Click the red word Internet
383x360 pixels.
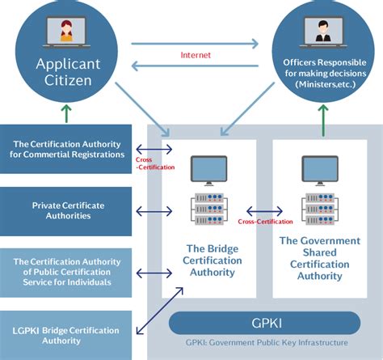pyautogui.click(x=196, y=55)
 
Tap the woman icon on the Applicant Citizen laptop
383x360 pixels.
pyautogui.click(x=66, y=31)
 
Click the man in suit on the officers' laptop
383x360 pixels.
pyautogui.click(x=323, y=32)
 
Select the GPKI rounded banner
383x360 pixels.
pyautogui.click(x=264, y=323)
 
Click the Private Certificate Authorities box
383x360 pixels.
pyautogui.click(x=65, y=211)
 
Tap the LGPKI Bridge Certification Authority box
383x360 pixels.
pyautogui.click(x=65, y=335)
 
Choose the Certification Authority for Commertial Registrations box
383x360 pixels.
pyautogui.click(x=65, y=149)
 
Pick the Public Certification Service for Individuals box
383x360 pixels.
pyautogui.click(x=65, y=273)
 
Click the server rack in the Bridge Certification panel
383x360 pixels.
pyautogui.click(x=209, y=209)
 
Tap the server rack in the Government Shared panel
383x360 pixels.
pyautogui.click(x=320, y=209)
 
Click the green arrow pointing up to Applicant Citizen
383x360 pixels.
pyautogui.click(x=66, y=114)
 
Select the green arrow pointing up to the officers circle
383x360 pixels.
pyautogui.click(x=323, y=121)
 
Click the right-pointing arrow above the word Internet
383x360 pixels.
pyautogui.click(x=195, y=44)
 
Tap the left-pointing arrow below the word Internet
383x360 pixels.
pyautogui.click(x=195, y=66)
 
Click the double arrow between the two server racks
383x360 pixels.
pyautogui.click(x=264, y=211)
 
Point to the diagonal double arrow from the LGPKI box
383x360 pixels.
pyautogui.click(x=160, y=311)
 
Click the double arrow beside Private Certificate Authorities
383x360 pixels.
pyautogui.click(x=154, y=211)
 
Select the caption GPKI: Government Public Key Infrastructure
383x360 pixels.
pyautogui.click(x=267, y=342)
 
